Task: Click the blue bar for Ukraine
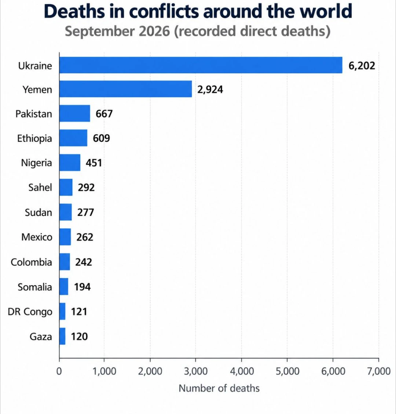click(x=201, y=65)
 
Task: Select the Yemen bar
click(x=125, y=89)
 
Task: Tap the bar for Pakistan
click(x=75, y=113)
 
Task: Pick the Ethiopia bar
click(x=73, y=138)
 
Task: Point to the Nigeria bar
click(x=70, y=162)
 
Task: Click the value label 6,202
click(x=362, y=66)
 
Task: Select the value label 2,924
click(x=210, y=90)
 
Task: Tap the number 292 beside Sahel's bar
click(x=86, y=188)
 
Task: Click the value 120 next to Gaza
click(x=79, y=336)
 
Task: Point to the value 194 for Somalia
click(x=82, y=287)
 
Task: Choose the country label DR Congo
click(x=30, y=312)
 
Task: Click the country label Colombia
click(x=32, y=262)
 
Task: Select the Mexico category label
click(x=37, y=237)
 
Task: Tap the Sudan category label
click(x=38, y=212)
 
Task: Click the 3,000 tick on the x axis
click(x=196, y=371)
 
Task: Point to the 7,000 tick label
click(x=379, y=371)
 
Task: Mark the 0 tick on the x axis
click(x=59, y=371)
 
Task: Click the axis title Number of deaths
click(x=219, y=388)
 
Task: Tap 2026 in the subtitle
click(x=154, y=31)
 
